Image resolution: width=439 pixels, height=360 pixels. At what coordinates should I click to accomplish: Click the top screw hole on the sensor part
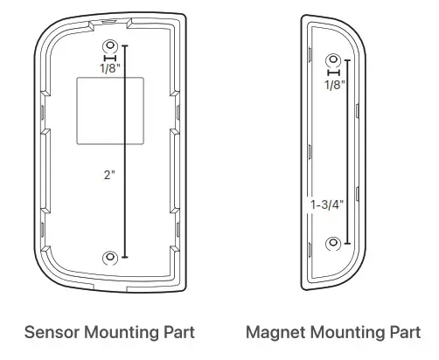pyautogui.click(x=110, y=45)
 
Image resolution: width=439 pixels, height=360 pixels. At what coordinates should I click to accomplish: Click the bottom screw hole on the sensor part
pyautogui.click(x=110, y=257)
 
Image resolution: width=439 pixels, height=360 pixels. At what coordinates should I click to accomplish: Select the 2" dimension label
pyautogui.click(x=109, y=174)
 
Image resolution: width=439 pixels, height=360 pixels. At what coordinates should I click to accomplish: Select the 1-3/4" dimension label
pyautogui.click(x=327, y=204)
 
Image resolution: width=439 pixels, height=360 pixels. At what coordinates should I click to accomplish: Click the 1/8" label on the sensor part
pyautogui.click(x=110, y=69)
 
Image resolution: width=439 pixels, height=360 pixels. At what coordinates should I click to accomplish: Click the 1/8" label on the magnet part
pyautogui.click(x=334, y=85)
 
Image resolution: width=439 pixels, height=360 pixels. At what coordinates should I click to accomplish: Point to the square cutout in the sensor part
pyautogui.click(x=109, y=111)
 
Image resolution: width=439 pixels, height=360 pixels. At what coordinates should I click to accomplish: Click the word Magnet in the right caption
pyautogui.click(x=274, y=333)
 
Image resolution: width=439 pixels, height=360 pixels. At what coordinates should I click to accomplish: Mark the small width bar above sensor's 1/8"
pyautogui.click(x=110, y=58)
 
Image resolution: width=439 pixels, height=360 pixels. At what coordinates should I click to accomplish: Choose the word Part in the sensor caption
pyautogui.click(x=179, y=333)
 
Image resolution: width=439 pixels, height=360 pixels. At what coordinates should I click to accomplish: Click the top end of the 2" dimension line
pyautogui.click(x=126, y=45)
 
